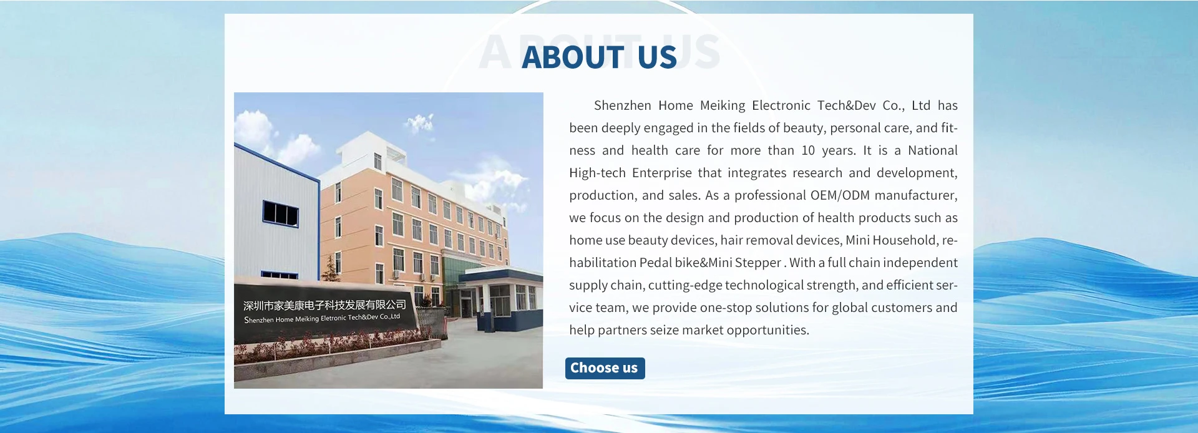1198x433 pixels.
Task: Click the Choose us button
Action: point(605,368)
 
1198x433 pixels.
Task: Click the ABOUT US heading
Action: point(599,57)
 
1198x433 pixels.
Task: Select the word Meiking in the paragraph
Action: point(723,106)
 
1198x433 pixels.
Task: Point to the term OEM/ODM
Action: point(840,195)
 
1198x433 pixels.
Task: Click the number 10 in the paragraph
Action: point(808,150)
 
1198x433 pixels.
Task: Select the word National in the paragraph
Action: point(933,150)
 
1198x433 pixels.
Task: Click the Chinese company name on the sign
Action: point(324,305)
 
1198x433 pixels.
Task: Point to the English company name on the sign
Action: point(322,318)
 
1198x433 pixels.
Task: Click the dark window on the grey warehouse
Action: point(280,213)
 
